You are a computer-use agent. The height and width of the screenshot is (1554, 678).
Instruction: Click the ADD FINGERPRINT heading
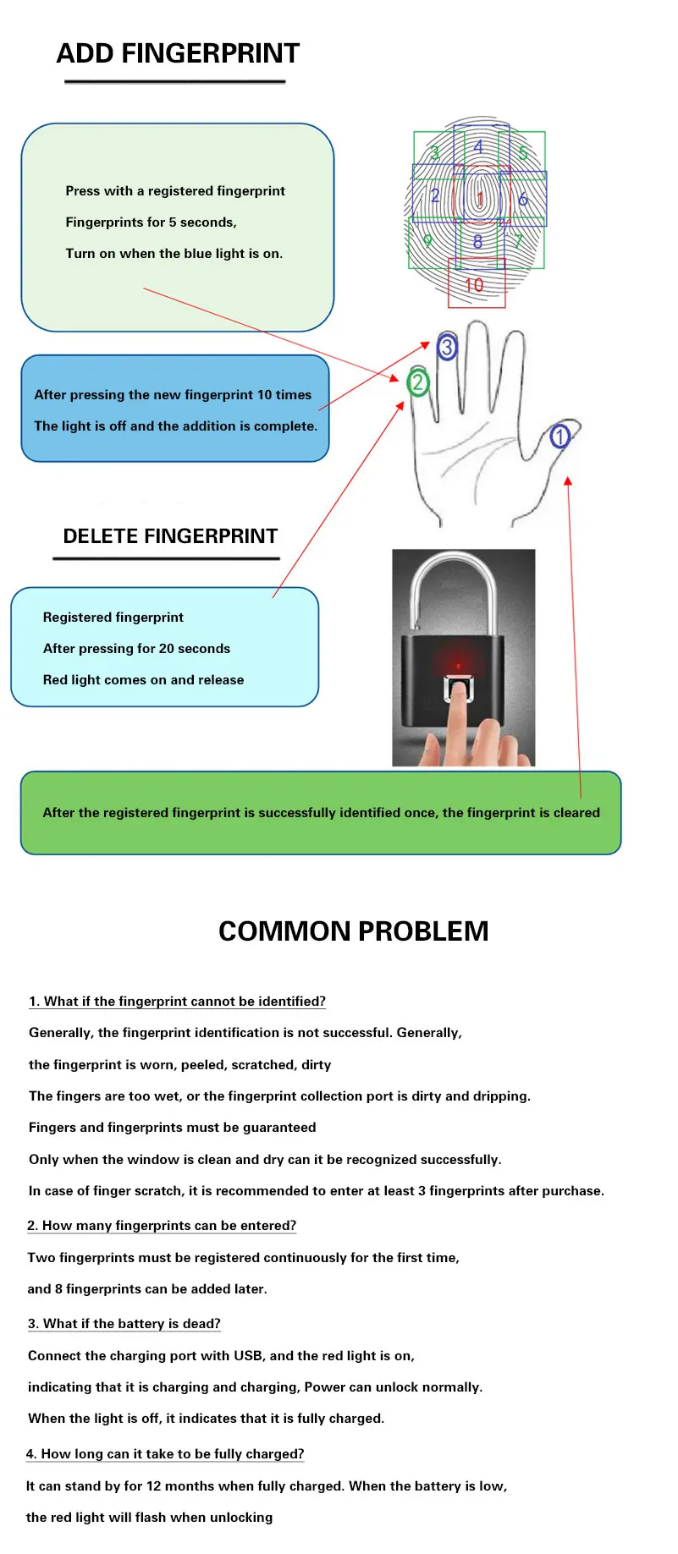pos(178,53)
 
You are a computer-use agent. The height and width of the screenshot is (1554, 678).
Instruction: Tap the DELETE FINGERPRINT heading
pos(170,536)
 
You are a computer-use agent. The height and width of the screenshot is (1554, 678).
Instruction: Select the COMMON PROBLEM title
pos(353,931)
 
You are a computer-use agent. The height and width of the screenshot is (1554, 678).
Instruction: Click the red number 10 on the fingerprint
pos(474,285)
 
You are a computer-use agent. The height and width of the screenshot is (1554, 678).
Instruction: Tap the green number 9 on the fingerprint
pos(427,241)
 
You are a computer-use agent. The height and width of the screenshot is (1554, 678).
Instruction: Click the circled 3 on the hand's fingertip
pos(447,347)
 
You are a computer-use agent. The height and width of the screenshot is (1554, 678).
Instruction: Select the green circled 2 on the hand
pos(417,383)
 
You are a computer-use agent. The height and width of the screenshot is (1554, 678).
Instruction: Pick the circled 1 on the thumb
pos(559,437)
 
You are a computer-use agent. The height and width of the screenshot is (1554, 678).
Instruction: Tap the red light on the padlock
pos(458,665)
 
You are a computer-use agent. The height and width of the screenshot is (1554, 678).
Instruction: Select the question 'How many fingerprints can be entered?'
pos(162,1226)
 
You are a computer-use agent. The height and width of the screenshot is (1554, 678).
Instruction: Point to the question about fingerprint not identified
pos(177,1002)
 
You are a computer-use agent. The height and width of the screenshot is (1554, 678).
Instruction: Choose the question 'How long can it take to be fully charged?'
pos(165,1454)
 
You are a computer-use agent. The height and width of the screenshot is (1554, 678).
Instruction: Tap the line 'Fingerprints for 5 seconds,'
pos(151,222)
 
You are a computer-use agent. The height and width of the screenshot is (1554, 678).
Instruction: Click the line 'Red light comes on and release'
pos(143,680)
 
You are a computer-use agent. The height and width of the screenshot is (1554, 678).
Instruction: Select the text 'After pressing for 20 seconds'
pos(136,649)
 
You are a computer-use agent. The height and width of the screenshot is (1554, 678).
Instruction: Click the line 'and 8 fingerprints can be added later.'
pos(147,1289)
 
